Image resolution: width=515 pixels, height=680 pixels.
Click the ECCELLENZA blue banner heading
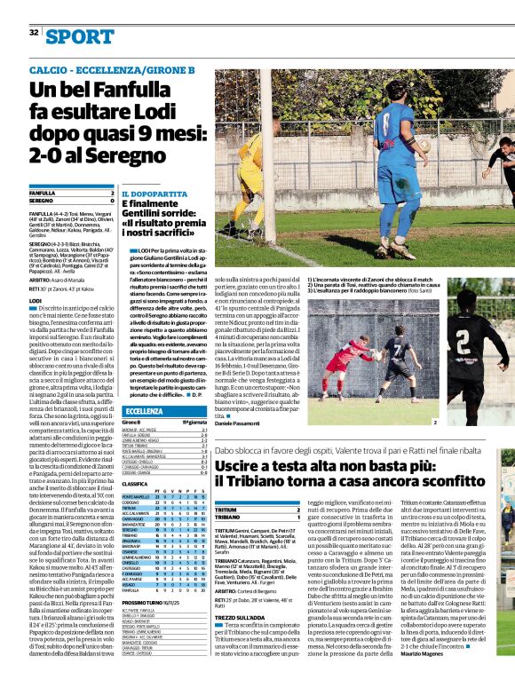(146, 410)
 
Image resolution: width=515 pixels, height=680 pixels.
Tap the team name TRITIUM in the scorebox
(226, 510)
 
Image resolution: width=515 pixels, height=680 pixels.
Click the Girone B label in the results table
(132, 423)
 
